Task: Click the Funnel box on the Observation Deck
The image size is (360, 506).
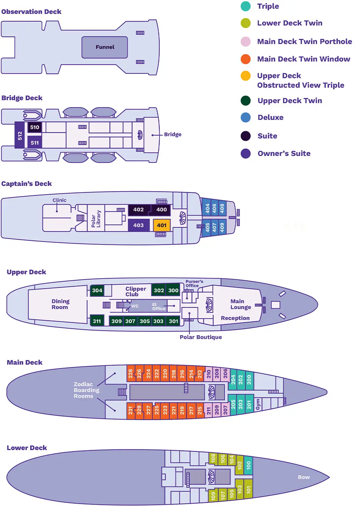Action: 105,47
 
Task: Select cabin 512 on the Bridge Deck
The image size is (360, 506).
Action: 20,135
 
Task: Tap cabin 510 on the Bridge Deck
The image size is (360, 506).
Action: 35,127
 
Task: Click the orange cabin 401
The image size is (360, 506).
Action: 162,225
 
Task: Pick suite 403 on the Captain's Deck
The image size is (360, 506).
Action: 138,225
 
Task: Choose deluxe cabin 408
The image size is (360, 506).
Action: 222,208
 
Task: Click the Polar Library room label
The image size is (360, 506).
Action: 96,219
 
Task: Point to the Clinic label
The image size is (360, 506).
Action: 59,200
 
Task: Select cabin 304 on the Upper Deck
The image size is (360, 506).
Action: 97,290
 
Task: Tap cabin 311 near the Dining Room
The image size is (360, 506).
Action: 97,321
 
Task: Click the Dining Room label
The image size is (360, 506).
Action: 60,304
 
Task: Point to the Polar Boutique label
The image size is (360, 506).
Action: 200,337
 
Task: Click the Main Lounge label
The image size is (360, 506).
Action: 240,304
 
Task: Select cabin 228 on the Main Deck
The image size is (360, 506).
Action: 131,374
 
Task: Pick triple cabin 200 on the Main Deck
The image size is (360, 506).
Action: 249,379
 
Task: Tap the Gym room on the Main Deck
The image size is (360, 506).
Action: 258,404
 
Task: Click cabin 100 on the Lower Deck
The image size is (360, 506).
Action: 248,465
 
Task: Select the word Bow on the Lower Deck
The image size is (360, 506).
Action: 303,477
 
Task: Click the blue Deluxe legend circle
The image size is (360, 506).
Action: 246,117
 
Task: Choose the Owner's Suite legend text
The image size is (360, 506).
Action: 284,153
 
